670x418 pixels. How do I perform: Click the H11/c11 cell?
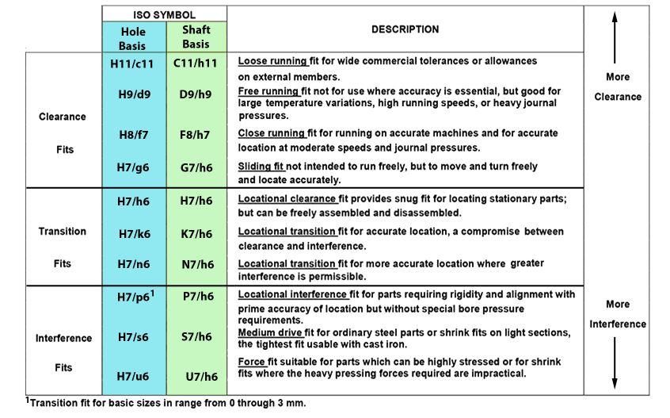pyautogui.click(x=132, y=62)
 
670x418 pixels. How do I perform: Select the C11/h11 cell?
pyautogui.click(x=196, y=62)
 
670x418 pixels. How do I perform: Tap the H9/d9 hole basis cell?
pyautogui.click(x=132, y=94)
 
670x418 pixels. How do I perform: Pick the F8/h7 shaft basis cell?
pyautogui.click(x=195, y=135)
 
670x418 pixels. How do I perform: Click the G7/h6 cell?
pyautogui.click(x=196, y=167)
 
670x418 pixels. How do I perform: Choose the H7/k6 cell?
pyautogui.click(x=132, y=233)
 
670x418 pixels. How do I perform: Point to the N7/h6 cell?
pyautogui.click(x=196, y=264)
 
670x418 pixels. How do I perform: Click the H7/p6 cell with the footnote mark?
pyautogui.click(x=132, y=297)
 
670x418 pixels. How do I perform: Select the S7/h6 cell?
pyautogui.click(x=196, y=336)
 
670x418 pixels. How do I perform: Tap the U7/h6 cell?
pyautogui.click(x=201, y=376)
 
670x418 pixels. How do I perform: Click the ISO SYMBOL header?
pyautogui.click(x=164, y=14)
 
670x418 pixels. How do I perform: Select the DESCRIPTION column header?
pyautogui.click(x=405, y=29)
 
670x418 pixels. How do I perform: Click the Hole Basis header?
pyautogui.click(x=133, y=38)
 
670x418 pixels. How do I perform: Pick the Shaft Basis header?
pyautogui.click(x=196, y=36)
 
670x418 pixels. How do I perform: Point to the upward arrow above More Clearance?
pyautogui.click(x=615, y=48)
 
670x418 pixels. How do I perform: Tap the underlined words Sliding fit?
pyautogui.click(x=261, y=167)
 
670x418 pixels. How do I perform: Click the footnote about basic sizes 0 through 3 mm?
pyautogui.click(x=166, y=403)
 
